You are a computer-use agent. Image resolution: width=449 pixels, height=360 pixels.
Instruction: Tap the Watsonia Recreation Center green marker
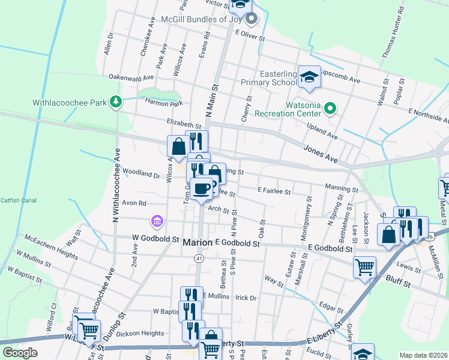pyautogui.click(x=330, y=109)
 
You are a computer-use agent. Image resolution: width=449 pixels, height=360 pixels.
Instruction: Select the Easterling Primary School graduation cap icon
pyautogui.click(x=309, y=77)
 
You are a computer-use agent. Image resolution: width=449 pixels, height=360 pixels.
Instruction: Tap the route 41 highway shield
pyautogui.click(x=197, y=257)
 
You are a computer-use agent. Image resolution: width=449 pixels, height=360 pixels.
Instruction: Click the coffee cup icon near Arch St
pyautogui.click(x=202, y=189)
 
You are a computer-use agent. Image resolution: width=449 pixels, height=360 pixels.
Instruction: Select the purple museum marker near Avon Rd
pyautogui.click(x=157, y=222)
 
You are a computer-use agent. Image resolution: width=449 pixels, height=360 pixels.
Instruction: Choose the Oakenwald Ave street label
pyautogui.click(x=131, y=77)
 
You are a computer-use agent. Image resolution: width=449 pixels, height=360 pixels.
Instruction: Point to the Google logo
pyautogui.click(x=20, y=353)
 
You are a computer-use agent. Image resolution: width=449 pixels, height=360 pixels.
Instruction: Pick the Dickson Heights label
pyautogui.click(x=140, y=334)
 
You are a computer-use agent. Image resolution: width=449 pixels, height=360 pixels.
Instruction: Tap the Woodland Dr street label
pyautogui.click(x=141, y=174)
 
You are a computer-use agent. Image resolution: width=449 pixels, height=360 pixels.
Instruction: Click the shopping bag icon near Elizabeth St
pyautogui.click(x=179, y=146)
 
